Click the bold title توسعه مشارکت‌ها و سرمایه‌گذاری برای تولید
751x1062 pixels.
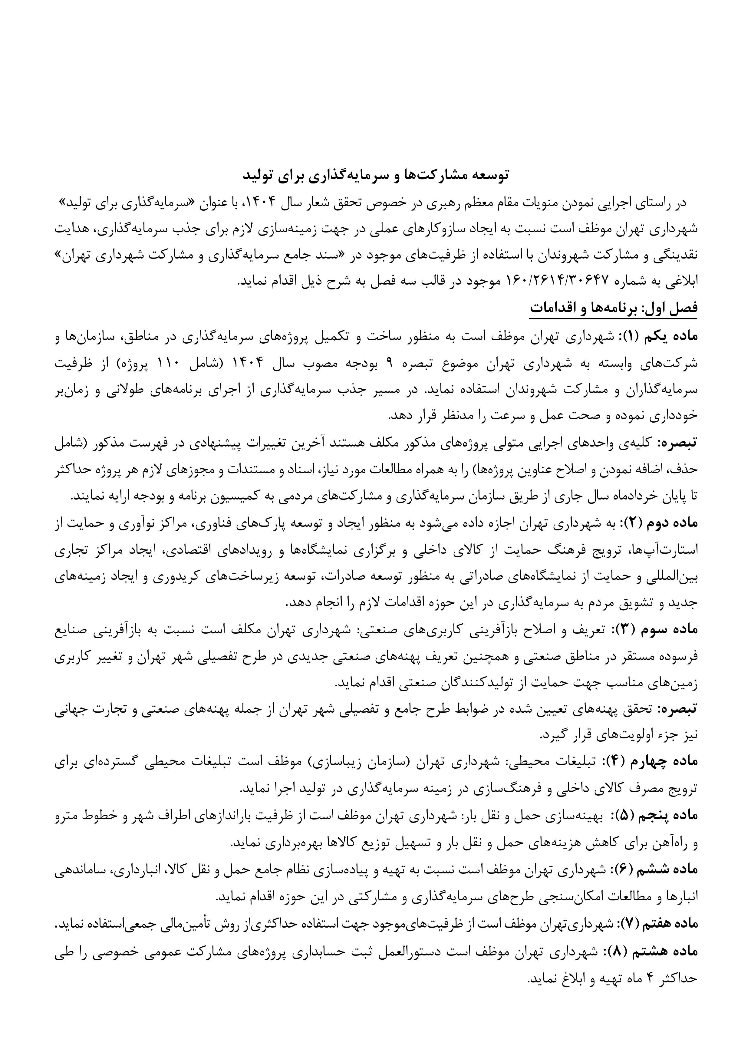pyautogui.click(x=375, y=175)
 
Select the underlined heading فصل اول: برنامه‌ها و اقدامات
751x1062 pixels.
pyautogui.click(x=613, y=308)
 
